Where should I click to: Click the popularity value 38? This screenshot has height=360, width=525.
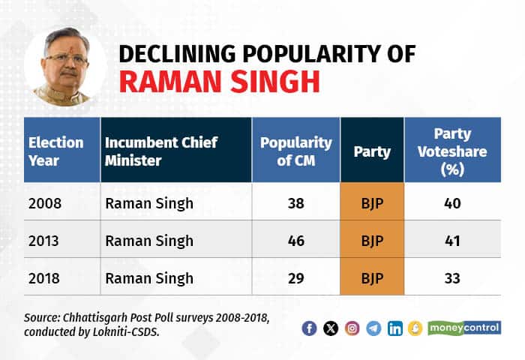coord(295,203)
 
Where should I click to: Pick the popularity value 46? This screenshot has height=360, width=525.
coord(295,241)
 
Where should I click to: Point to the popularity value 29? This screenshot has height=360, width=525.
coord(295,277)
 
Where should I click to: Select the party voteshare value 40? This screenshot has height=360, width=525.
coord(451,203)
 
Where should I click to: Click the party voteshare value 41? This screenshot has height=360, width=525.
coord(451,241)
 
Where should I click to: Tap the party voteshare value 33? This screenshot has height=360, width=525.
coord(451,277)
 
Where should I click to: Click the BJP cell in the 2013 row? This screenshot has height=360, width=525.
coord(372,241)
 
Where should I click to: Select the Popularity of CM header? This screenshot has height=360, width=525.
coord(295,150)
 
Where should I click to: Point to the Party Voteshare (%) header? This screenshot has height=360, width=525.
coord(451,151)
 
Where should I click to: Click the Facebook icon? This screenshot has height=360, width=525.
coord(309,328)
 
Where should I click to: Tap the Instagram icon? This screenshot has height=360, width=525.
coord(352,328)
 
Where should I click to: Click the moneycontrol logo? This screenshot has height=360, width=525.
coord(464,328)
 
